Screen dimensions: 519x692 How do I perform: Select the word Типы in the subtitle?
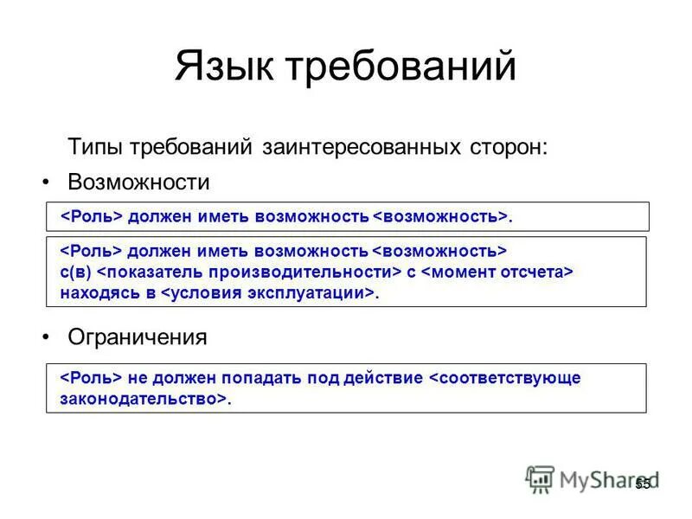pyautogui.click(x=95, y=147)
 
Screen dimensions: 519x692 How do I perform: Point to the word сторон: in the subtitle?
pyautogui.click(x=507, y=147)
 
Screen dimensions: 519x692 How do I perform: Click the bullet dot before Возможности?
pyautogui.click(x=48, y=183)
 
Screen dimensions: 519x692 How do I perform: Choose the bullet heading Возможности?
pyautogui.click(x=138, y=183)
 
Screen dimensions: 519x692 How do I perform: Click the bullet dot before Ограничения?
pyautogui.click(x=48, y=337)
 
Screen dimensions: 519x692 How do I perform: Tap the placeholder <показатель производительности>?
pyautogui.click(x=248, y=272)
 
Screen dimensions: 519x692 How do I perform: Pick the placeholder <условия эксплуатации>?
pyautogui.click(x=268, y=293)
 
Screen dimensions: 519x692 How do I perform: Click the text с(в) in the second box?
pyautogui.click(x=75, y=272)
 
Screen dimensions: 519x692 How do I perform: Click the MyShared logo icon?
pyautogui.click(x=540, y=479)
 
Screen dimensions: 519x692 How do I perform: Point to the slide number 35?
pyautogui.click(x=643, y=484)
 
